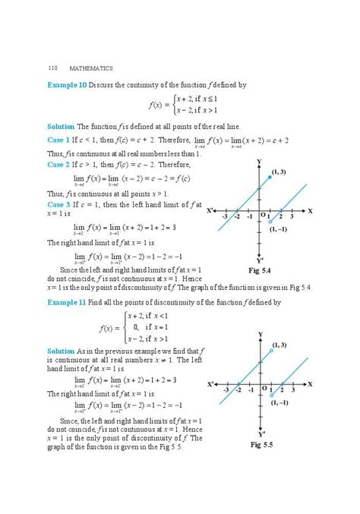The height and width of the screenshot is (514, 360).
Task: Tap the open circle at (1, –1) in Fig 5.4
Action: (271, 222)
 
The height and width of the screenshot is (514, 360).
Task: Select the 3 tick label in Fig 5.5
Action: (292, 389)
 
